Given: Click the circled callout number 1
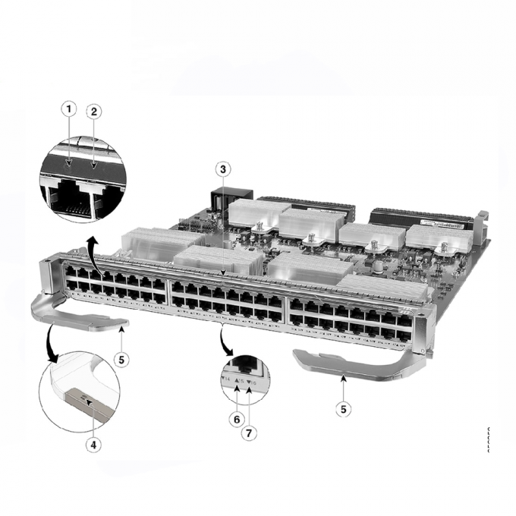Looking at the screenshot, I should tap(70, 109).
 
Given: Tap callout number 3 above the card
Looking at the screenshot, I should tap(222, 168).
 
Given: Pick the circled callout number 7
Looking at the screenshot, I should tap(248, 434).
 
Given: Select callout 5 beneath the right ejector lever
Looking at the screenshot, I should tap(345, 407).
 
